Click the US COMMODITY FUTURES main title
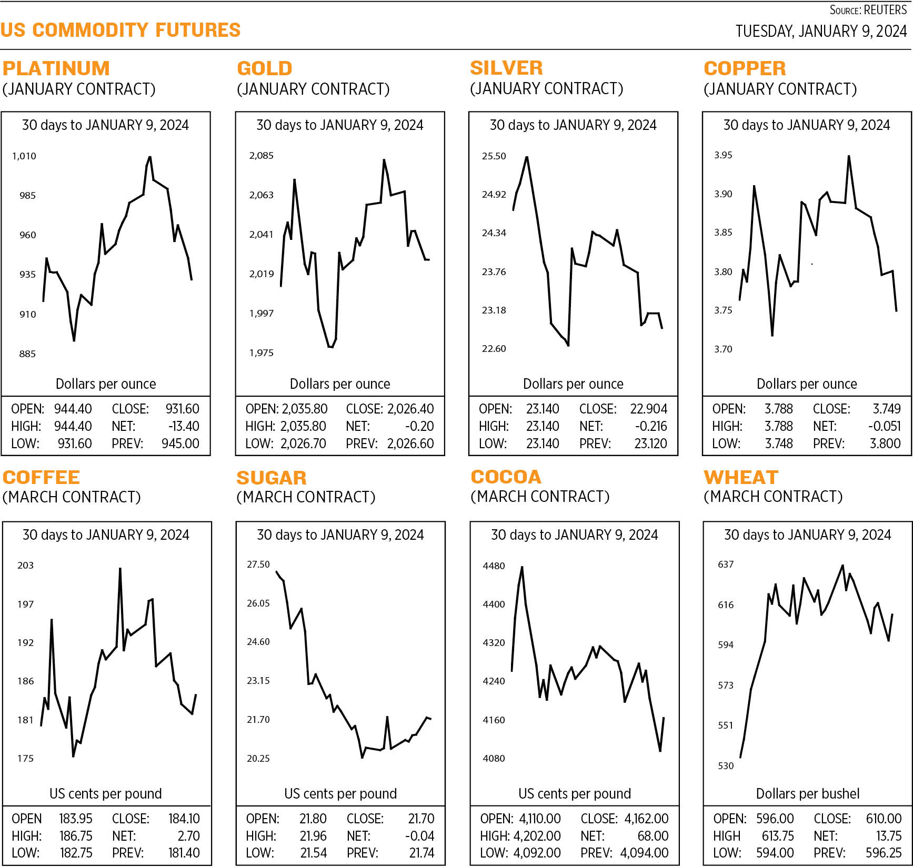coord(121,30)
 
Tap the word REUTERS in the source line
coord(885,10)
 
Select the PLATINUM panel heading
coord(56,68)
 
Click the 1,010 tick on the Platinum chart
coord(24,156)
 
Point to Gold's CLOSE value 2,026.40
coord(410,409)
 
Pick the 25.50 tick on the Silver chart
coord(494,156)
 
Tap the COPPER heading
coord(745,68)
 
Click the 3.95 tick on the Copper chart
coord(723,155)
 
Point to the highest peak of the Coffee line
coord(120,569)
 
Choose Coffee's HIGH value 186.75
coord(76,836)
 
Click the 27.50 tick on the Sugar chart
coord(258,564)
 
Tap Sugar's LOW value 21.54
coord(313,853)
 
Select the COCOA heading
coord(506,477)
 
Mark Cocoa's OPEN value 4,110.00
coord(539,819)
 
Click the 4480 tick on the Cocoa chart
coord(494,566)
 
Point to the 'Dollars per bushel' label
coord(807,793)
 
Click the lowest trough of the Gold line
coord(330,347)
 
